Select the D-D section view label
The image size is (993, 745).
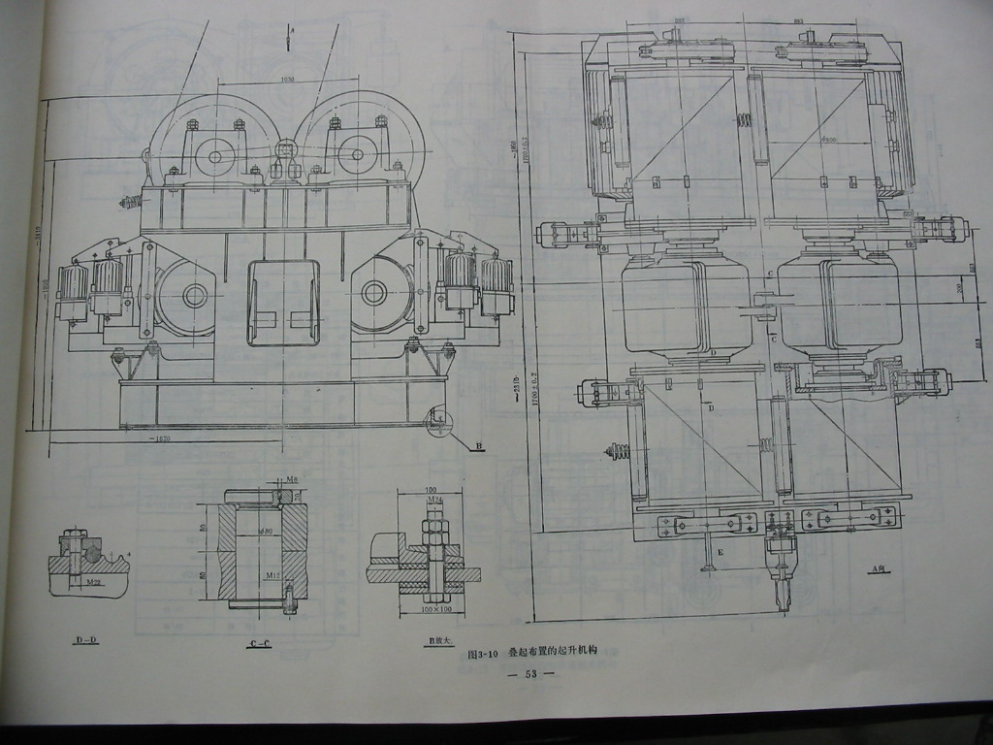[85, 640]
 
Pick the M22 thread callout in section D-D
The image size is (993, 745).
[94, 583]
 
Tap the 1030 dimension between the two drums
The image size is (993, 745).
[287, 80]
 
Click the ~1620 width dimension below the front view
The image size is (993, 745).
[161, 440]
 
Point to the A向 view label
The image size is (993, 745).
[879, 569]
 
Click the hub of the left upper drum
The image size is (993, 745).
[214, 152]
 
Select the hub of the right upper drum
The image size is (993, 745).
[357, 153]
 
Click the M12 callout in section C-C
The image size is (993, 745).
[275, 574]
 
